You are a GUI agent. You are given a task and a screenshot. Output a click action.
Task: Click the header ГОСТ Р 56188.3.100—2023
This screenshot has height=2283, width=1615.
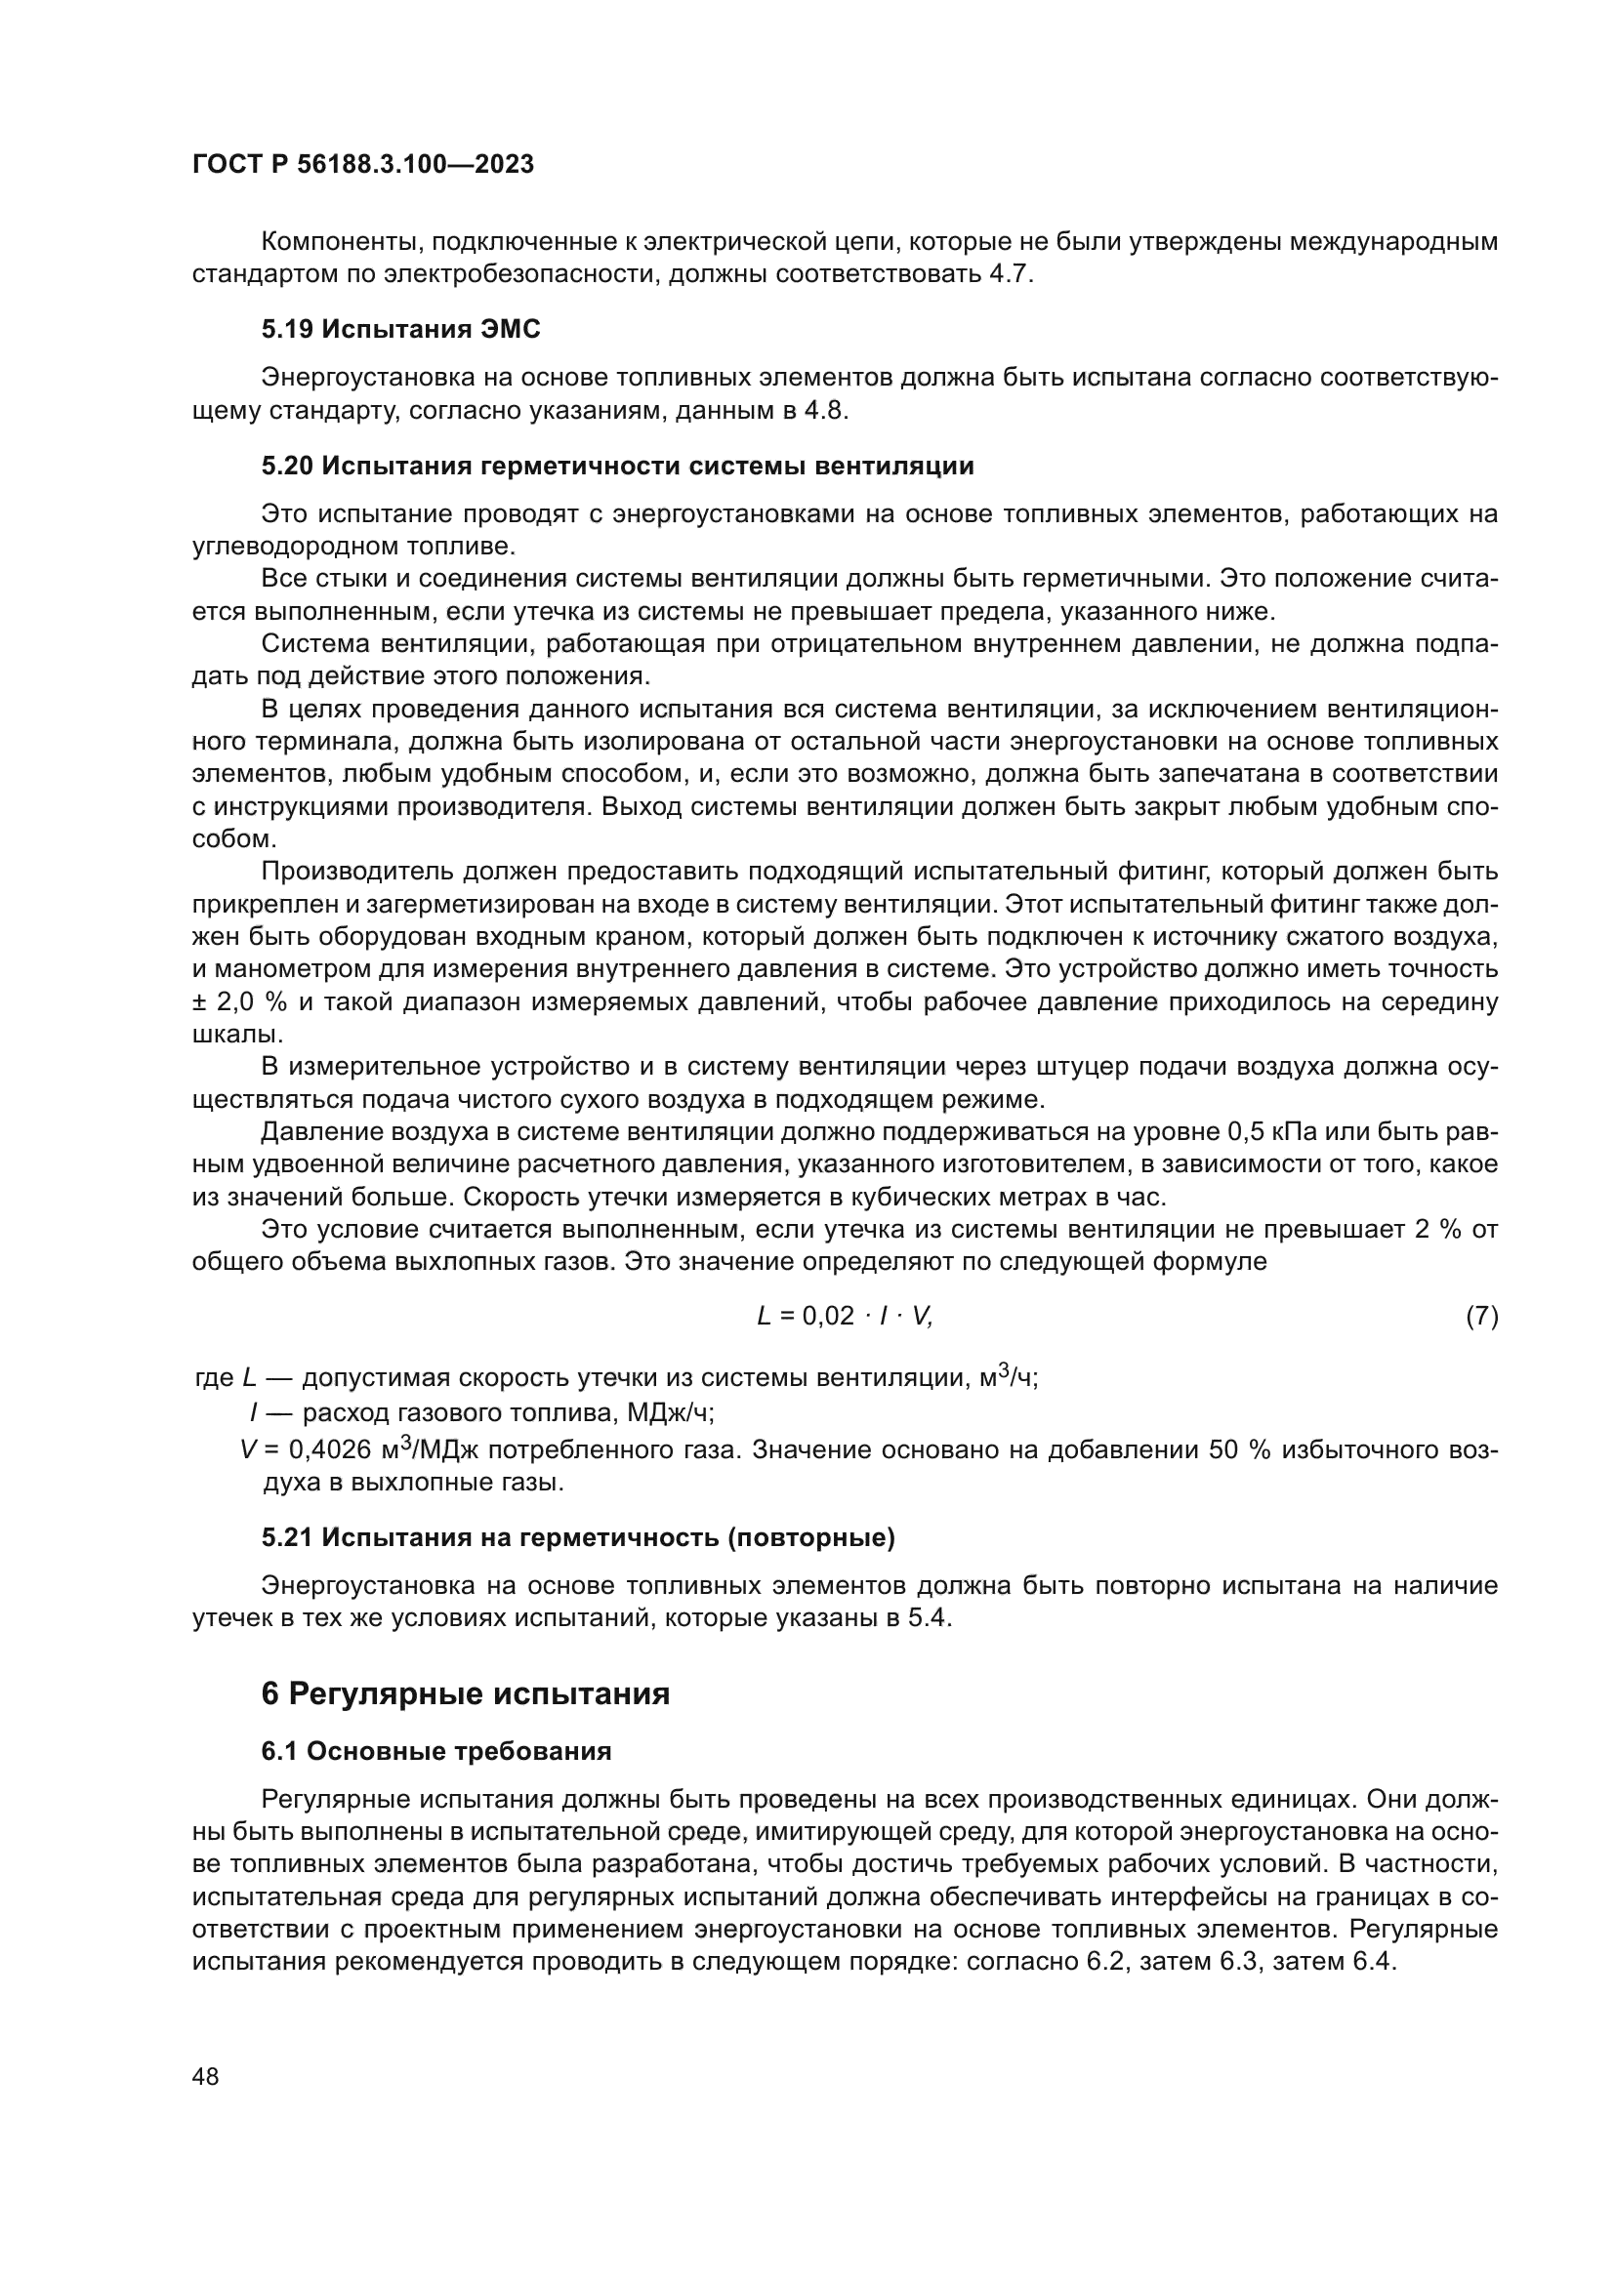363,164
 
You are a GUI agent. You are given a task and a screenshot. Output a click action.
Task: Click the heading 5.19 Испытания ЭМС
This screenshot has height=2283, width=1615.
400,329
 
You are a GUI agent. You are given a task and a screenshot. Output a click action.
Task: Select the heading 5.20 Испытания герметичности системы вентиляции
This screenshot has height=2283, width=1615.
617,466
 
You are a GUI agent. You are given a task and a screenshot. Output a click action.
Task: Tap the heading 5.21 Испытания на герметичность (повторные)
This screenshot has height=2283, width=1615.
578,1537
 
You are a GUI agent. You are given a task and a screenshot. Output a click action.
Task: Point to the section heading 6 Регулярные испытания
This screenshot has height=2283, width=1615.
466,1693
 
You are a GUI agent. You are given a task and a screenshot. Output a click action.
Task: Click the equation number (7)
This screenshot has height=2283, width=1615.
1482,1317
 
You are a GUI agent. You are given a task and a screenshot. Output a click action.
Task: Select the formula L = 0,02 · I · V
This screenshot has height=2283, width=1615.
845,1317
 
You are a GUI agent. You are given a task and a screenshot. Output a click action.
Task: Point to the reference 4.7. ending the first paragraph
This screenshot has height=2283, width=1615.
1012,274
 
